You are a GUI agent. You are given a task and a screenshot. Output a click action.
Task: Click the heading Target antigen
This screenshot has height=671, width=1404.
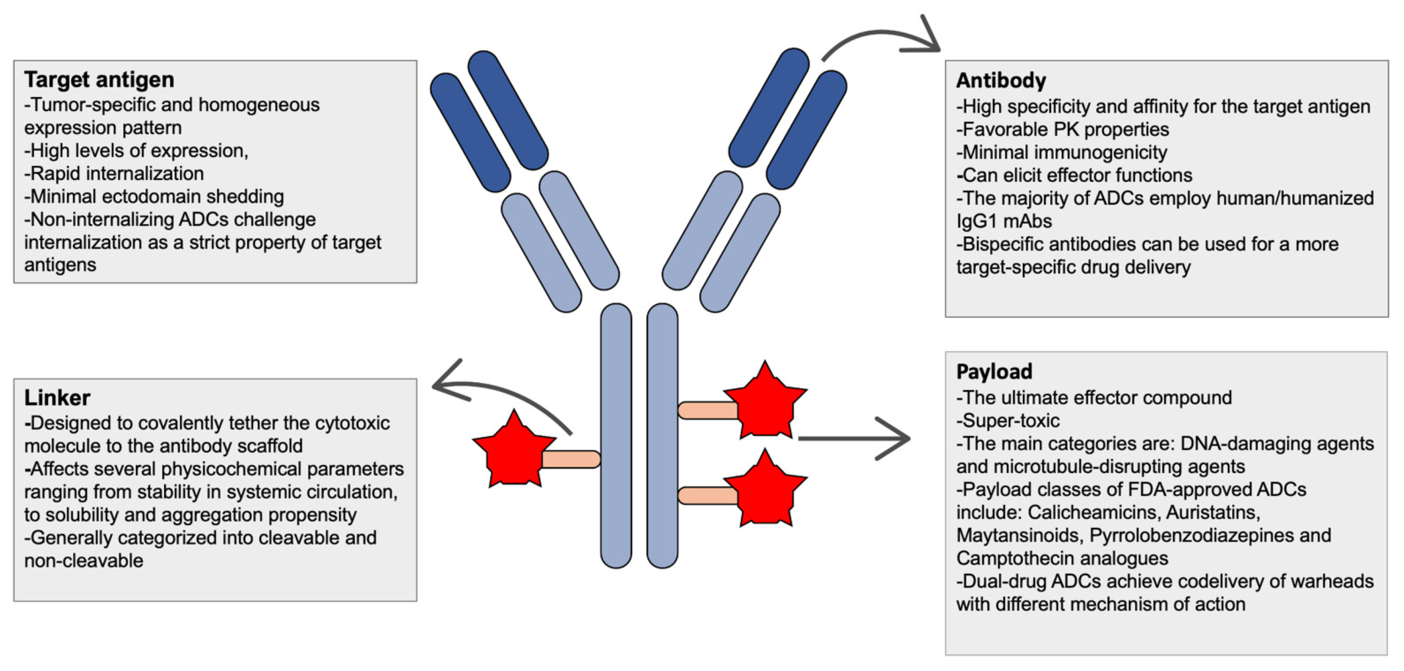pos(99,80)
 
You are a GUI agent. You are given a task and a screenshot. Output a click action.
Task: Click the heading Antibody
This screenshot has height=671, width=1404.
pos(1000,80)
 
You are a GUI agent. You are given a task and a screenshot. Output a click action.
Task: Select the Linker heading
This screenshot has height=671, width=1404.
pos(57,398)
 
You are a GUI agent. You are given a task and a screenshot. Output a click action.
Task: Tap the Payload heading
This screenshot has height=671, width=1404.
pos(994,371)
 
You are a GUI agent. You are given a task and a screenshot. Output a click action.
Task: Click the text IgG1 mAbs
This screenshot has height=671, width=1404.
pos(1004,221)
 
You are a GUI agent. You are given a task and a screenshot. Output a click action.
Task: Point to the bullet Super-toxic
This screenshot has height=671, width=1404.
pos(1008,421)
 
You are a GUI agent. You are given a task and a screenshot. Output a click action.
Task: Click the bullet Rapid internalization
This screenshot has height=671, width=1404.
pos(114,174)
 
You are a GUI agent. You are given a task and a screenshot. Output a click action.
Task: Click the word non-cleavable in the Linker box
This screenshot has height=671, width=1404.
pos(84,561)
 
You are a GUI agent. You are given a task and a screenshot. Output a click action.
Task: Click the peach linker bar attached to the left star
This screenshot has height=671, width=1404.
pos(570,459)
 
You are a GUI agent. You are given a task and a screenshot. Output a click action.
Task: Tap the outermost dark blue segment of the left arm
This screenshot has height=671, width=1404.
pos(470,133)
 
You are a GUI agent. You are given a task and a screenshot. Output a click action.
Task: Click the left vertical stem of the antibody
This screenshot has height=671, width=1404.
pos(616,436)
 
